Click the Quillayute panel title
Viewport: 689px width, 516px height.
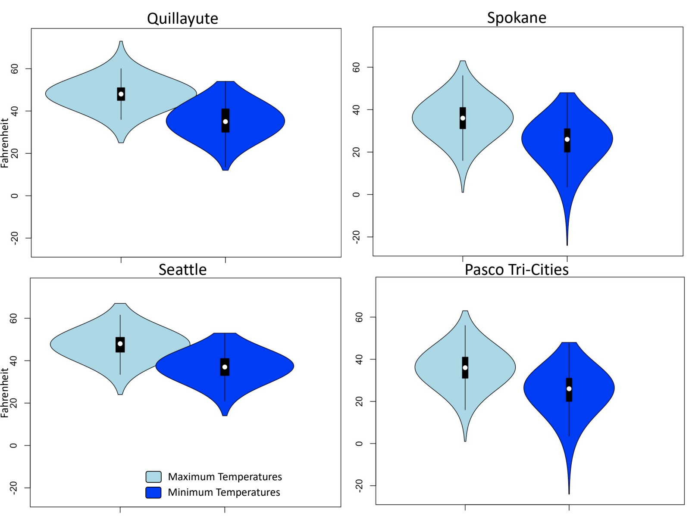(182, 19)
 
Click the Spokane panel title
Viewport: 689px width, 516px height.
(517, 18)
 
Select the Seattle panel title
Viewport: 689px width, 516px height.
(182, 270)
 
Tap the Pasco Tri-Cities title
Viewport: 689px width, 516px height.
(517, 270)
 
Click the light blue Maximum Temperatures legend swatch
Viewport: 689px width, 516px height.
(153, 476)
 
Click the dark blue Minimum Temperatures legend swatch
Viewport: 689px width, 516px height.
(153, 492)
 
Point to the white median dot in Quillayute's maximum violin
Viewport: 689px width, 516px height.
(121, 94)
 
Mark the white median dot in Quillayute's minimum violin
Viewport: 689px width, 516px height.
(225, 121)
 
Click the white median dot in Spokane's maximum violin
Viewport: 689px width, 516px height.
(463, 118)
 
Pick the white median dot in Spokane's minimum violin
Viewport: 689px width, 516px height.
(567, 139)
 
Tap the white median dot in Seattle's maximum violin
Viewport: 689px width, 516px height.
(120, 344)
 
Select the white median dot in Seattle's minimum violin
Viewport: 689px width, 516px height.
(225, 367)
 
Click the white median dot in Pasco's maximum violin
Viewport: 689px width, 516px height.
(465, 367)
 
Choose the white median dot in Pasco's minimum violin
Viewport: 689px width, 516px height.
(569, 389)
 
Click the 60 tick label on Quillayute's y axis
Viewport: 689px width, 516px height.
(15, 68)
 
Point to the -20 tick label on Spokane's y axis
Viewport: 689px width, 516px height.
(356, 236)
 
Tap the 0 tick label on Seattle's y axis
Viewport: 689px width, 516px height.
(14, 445)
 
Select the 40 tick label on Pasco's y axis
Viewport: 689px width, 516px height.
(359, 359)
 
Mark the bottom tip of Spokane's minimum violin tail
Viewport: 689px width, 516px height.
(567, 245)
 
